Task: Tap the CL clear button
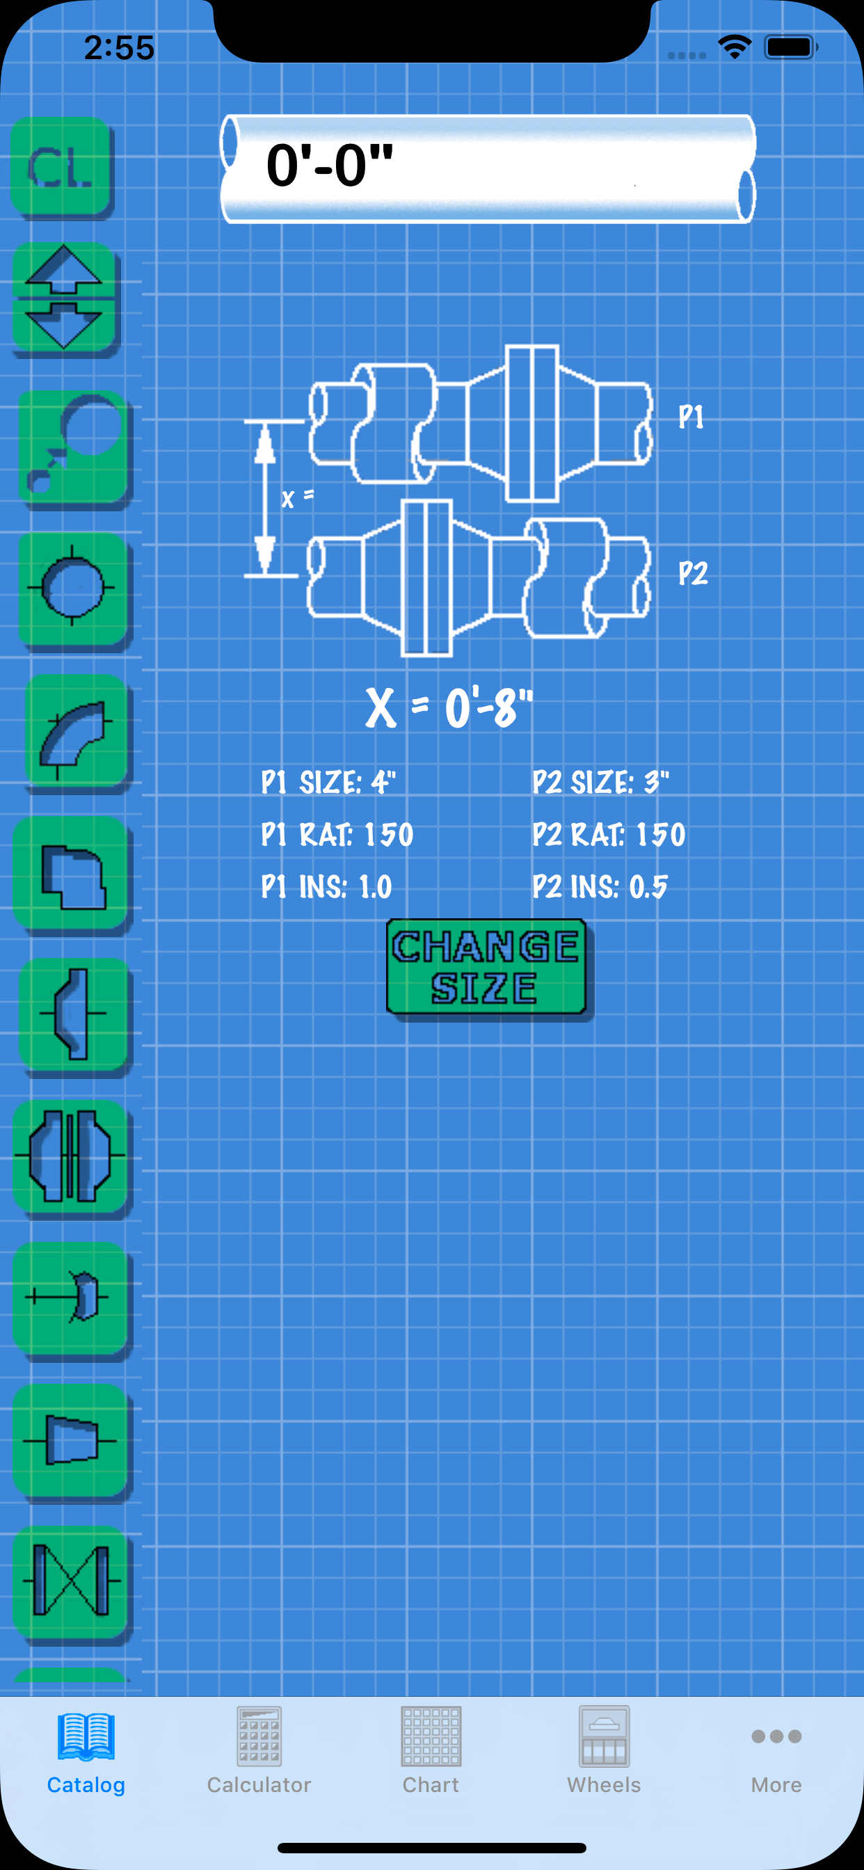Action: click(x=62, y=167)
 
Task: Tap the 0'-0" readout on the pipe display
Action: click(x=330, y=166)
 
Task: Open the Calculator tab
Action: click(x=259, y=1750)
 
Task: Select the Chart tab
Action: click(x=431, y=1750)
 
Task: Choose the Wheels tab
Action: click(x=604, y=1750)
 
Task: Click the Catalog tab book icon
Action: click(x=86, y=1737)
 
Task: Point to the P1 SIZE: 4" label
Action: click(x=328, y=783)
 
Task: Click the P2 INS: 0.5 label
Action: click(x=600, y=886)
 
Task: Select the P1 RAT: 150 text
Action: click(x=337, y=834)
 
